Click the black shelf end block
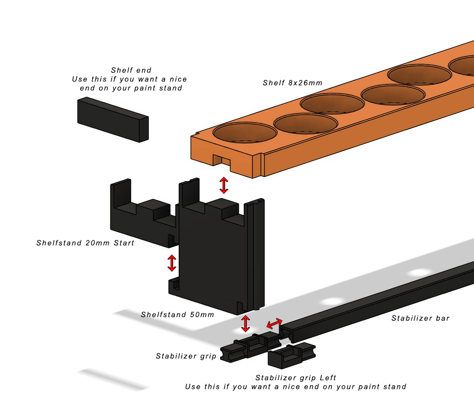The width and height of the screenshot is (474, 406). point(113,118)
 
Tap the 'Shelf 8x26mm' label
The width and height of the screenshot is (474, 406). point(292,83)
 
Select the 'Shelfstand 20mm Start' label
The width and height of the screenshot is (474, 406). point(85,243)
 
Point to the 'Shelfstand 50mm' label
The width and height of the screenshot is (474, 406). point(177,315)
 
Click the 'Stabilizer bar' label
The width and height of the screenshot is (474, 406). point(420,318)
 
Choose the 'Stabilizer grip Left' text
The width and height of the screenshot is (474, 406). point(295,378)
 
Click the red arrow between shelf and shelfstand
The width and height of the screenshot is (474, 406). point(223,185)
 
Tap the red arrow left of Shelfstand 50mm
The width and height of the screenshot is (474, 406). point(172,263)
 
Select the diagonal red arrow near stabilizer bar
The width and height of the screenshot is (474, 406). point(275,323)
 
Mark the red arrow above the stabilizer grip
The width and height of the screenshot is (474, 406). point(245,323)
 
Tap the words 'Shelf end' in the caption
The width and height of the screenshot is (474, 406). point(131,70)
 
